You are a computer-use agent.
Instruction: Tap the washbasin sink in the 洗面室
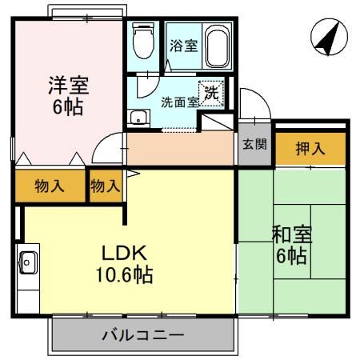point(138,117)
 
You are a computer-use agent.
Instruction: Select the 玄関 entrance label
point(255,146)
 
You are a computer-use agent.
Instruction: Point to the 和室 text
point(292,234)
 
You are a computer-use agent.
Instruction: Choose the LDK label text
point(123,254)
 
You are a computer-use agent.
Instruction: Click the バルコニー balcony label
point(143,335)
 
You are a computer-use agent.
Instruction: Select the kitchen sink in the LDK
point(28,261)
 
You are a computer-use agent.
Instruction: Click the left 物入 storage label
point(50,186)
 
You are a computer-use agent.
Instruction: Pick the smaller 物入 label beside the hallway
point(105,186)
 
